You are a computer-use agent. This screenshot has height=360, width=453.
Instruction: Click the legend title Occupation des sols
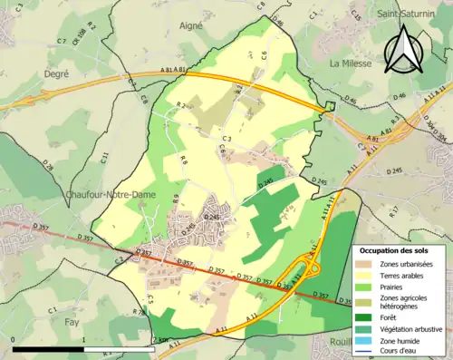click(x=392, y=249)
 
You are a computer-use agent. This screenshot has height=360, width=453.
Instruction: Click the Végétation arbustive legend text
click(x=412, y=328)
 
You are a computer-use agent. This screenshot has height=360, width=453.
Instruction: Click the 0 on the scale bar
click(x=14, y=341)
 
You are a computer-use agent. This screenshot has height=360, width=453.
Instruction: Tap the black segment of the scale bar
click(x=49, y=349)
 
